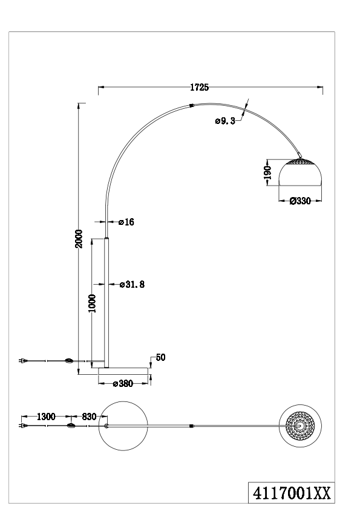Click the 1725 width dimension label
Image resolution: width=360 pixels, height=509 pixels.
(x=199, y=87)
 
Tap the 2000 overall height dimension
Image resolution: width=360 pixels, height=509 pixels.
(x=79, y=239)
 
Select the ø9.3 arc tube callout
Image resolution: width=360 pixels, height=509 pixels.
(x=225, y=121)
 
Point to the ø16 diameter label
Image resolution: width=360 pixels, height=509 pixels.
(x=126, y=222)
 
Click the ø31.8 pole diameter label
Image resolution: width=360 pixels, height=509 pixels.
(x=132, y=284)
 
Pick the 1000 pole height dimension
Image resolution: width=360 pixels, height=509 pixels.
(x=93, y=303)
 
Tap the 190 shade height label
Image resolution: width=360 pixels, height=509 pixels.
(x=267, y=172)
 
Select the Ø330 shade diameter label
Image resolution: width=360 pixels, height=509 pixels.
(x=300, y=201)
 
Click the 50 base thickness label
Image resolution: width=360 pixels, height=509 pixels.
(x=160, y=357)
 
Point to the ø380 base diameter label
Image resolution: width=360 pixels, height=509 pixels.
(x=123, y=384)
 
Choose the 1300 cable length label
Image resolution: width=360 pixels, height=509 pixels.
(x=46, y=417)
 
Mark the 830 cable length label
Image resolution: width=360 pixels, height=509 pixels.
(x=89, y=417)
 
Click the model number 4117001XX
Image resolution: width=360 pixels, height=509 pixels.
(x=292, y=493)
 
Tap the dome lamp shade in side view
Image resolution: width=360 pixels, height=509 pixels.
(x=300, y=172)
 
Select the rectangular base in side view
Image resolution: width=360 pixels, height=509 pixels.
(x=123, y=371)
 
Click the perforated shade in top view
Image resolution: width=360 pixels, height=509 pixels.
(x=300, y=426)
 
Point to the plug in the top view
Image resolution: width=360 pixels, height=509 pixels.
(x=23, y=426)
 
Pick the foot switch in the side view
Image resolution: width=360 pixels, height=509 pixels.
(x=70, y=360)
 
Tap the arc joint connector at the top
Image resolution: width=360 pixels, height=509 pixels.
(x=191, y=105)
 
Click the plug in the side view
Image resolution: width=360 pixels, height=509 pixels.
(x=23, y=360)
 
